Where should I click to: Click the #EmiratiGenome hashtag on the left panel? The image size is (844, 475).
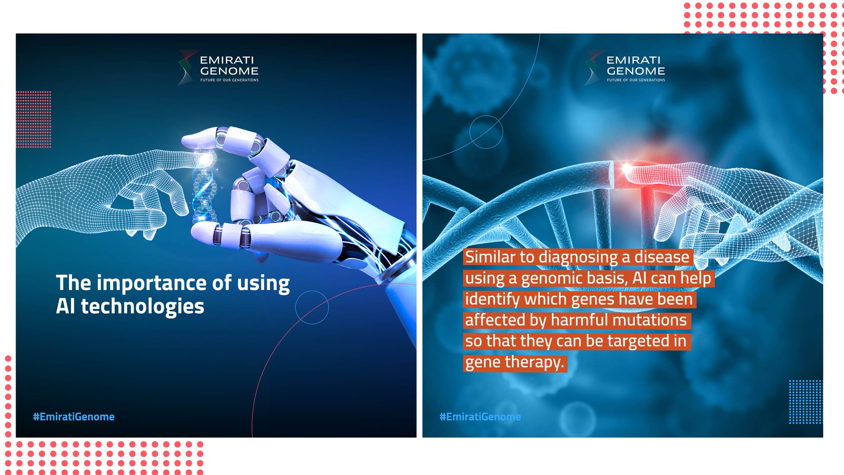74,417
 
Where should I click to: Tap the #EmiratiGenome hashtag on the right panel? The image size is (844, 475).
480,417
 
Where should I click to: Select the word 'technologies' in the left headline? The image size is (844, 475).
143,307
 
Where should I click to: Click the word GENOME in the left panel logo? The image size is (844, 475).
229,71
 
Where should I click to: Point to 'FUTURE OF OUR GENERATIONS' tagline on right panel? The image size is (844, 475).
636,80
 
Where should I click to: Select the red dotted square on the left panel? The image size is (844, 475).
34,119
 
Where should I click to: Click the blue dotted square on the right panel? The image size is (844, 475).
806,402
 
